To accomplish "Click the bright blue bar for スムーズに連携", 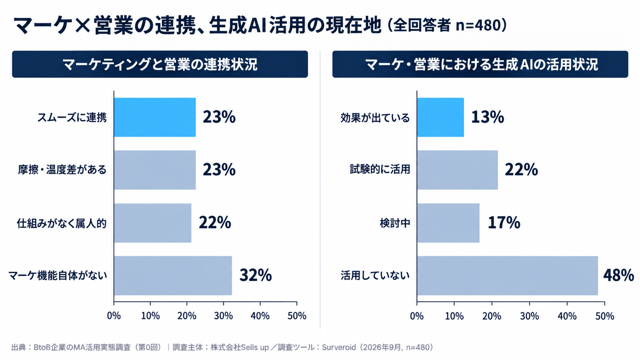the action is click(155, 117).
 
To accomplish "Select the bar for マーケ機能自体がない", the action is click(173, 275).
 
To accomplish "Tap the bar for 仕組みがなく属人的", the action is click(153, 223).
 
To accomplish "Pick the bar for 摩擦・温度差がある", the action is click(155, 170).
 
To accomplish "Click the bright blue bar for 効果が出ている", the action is click(440, 117).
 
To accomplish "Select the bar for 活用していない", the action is click(508, 275).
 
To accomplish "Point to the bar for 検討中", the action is click(448, 223).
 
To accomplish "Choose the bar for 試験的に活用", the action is click(457, 170).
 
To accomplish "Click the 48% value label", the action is click(619, 275).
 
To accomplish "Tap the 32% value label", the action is click(256, 275).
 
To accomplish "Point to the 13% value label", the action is click(488, 117).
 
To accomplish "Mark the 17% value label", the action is click(504, 223).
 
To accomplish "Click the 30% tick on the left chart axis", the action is click(224, 316).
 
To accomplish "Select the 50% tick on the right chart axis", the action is click(604, 316).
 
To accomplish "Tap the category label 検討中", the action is click(395, 223).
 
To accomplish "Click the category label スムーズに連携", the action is click(72, 117).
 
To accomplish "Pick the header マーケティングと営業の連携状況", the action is click(160, 64).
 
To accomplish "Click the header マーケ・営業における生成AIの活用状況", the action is click(482, 64).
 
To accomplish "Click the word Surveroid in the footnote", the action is click(339, 347).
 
